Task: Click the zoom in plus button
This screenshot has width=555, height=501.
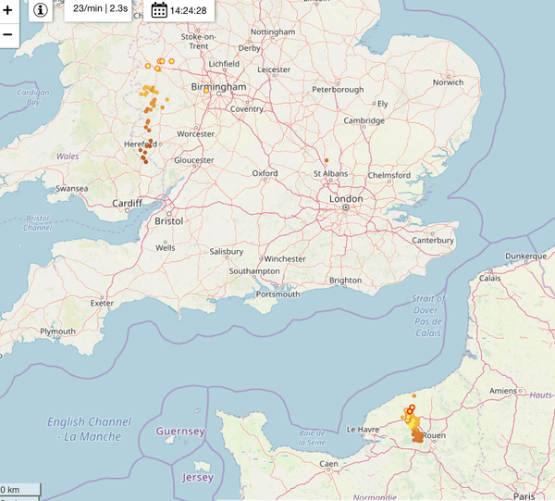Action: coord(7,10)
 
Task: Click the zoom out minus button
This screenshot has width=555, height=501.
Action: coord(7,34)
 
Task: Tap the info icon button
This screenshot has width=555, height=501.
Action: coord(41,10)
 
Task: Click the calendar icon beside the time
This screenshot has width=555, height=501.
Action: coord(159,10)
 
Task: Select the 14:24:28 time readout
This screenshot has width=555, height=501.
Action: coord(188,10)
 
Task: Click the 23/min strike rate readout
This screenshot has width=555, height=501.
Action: coord(100,8)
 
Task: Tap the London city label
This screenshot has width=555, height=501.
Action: coord(345,198)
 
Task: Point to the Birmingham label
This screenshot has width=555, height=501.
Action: coord(218,87)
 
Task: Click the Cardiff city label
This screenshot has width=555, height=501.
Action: coord(128,204)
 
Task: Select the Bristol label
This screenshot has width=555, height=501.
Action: coord(170,221)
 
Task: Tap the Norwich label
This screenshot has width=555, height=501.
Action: coord(450,82)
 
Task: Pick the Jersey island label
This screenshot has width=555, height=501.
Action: coord(199,478)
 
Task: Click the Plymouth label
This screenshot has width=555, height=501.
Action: coord(57,332)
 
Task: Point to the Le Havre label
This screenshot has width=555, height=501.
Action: coord(364,430)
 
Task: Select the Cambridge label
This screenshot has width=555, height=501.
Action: coord(364,121)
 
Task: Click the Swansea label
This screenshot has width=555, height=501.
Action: coord(71,189)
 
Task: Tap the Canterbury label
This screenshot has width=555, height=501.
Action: coord(433,241)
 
